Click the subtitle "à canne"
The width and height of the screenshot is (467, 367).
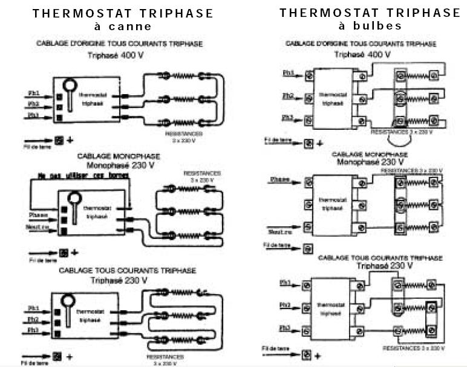123,27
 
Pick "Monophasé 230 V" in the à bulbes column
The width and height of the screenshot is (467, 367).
370,162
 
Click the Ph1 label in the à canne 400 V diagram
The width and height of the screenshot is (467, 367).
34,93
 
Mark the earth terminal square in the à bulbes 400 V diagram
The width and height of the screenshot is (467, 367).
309,144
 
